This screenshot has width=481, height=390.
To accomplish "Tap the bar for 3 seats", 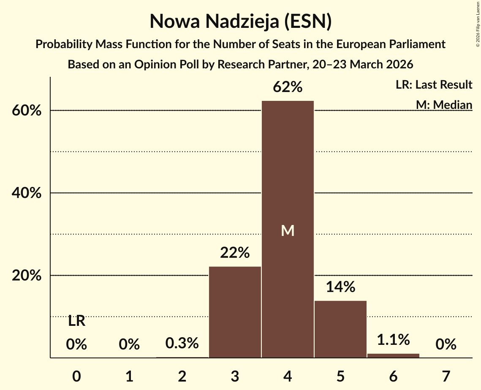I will (x=235, y=312).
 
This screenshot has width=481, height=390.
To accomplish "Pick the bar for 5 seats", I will (x=340, y=329).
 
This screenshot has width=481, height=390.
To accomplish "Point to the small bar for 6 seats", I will (x=393, y=355).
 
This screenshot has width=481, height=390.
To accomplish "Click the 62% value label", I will (x=288, y=87).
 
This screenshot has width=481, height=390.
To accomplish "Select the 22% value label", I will (x=235, y=253).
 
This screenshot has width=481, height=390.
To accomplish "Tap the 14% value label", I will (x=340, y=287).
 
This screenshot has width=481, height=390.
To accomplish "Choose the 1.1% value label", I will (x=393, y=339).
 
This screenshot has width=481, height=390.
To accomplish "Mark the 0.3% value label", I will (x=182, y=344).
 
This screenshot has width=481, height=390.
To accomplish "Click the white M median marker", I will (x=288, y=230).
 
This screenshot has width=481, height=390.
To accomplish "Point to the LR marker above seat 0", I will (x=76, y=322).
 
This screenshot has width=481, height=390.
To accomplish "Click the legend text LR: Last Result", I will (x=434, y=85).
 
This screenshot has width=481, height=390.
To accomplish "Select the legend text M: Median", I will (x=444, y=105).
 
